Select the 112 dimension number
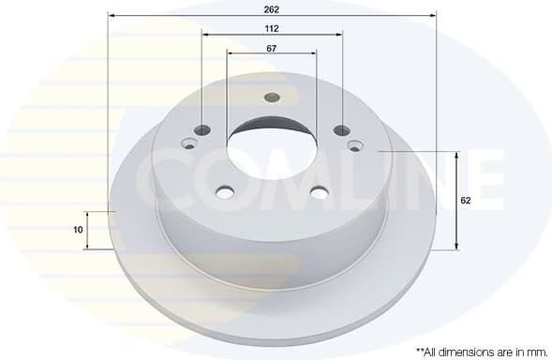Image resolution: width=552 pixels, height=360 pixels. pos(272,28)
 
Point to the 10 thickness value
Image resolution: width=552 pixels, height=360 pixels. pos(78,229)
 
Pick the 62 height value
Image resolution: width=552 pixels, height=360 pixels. pos(465,200)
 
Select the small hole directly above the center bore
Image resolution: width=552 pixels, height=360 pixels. pos(272,97)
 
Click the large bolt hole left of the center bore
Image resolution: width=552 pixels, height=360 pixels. pos(203,131)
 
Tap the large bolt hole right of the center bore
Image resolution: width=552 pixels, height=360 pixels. pos(341,131)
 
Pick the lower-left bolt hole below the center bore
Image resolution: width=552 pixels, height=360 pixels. pos(225,193)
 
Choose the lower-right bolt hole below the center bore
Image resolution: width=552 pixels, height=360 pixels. pos(319,193)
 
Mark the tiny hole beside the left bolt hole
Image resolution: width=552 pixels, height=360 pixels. pos(190,144)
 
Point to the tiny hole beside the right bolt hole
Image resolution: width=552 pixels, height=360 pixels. pos(354,145)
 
